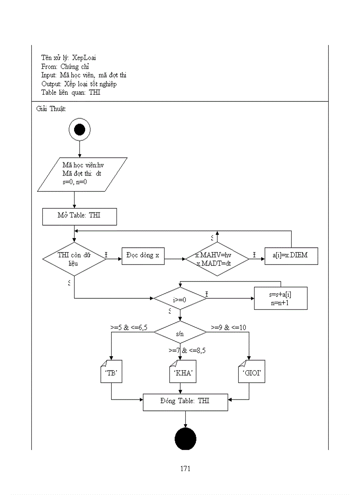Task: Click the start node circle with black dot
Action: pyautogui.click(x=79, y=130)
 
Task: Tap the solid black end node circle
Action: pyautogui.click(x=185, y=439)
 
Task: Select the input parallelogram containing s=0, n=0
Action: pyautogui.click(x=82, y=174)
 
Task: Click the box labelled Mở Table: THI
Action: pyautogui.click(x=79, y=216)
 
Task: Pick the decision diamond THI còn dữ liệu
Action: pyautogui.click(x=74, y=259)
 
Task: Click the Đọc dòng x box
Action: pyautogui.click(x=143, y=256)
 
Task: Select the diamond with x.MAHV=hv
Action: pyautogui.click(x=217, y=259)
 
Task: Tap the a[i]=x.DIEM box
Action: pyautogui.click(x=291, y=256)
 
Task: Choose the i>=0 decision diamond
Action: pyautogui.click(x=180, y=298)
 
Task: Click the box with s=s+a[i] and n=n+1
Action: pyautogui.click(x=281, y=298)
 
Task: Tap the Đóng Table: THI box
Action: pyautogui.click(x=185, y=402)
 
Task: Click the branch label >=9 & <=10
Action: pyautogui.click(x=229, y=328)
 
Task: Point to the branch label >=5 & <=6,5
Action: pyautogui.click(x=128, y=328)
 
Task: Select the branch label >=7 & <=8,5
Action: pyautogui.click(x=187, y=351)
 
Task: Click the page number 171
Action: pyautogui.click(x=185, y=469)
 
